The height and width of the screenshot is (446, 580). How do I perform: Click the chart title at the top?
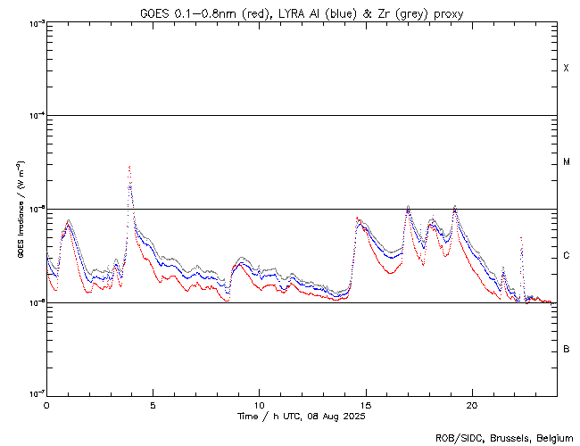(x=301, y=13)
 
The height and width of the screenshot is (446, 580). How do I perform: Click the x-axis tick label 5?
(x=153, y=404)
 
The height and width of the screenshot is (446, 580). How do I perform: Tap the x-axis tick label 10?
(x=259, y=404)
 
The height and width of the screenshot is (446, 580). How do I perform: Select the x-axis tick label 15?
(x=365, y=404)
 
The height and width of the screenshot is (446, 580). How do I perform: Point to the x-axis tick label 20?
(x=471, y=404)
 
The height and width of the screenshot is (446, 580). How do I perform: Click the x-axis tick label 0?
(x=46, y=404)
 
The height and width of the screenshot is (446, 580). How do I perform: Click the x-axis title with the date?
(x=301, y=417)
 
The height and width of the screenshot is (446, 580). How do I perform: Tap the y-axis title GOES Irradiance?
(x=20, y=209)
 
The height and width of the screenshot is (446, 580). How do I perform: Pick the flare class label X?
(x=566, y=69)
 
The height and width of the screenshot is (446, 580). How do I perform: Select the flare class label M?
(x=566, y=162)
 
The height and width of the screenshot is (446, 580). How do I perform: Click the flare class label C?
(x=566, y=256)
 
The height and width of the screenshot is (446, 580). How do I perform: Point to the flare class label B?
(x=566, y=349)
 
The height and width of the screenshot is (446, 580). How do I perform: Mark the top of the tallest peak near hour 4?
(x=129, y=167)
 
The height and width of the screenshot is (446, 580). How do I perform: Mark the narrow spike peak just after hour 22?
(x=521, y=238)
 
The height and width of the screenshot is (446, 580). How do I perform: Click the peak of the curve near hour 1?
(x=68, y=219)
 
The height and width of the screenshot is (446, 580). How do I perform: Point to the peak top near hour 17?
(x=408, y=206)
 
